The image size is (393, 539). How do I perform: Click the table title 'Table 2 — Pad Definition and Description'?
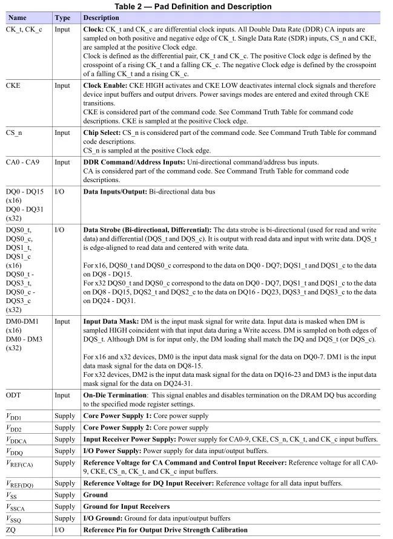[x=196, y=7]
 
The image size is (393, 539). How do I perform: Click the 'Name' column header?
[x=18, y=18]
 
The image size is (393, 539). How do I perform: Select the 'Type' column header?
[x=63, y=18]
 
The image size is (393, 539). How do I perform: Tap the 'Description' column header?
[x=102, y=18]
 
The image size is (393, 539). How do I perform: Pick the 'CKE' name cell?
[x=14, y=86]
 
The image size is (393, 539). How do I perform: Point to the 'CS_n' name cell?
[x=15, y=133]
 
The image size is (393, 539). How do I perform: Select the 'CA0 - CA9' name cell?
[x=22, y=162]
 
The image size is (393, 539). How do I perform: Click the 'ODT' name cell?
[x=14, y=395]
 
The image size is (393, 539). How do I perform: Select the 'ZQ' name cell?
[x=12, y=530]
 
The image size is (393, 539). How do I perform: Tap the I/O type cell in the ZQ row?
[x=60, y=530]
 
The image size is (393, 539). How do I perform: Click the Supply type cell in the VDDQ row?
[x=65, y=451]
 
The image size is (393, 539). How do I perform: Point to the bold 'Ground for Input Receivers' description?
[x=126, y=506]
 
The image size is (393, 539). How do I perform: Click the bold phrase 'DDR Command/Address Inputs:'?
[x=131, y=162]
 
